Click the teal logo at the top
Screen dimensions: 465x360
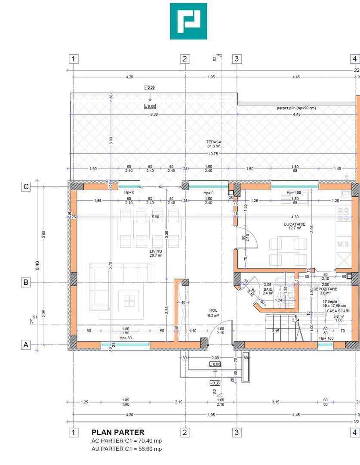[x=188, y=21]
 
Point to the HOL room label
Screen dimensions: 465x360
[x=213, y=310]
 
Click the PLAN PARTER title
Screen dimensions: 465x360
[x=118, y=432]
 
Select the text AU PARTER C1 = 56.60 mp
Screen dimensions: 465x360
[x=126, y=449]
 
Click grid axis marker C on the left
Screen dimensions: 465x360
[x=26, y=186]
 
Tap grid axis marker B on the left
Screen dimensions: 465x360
[x=26, y=282]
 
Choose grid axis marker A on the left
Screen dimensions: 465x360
[x=26, y=344]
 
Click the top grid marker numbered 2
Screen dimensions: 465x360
[x=185, y=59]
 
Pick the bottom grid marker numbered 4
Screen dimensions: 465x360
[x=354, y=432]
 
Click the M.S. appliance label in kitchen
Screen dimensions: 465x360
[x=344, y=244]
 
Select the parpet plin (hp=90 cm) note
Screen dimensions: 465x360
[x=296, y=108]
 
